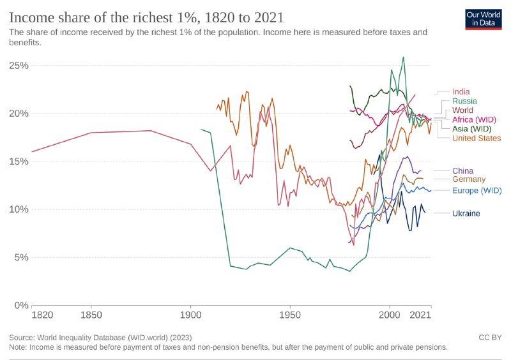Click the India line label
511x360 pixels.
(x=461, y=92)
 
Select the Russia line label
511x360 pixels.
(x=464, y=101)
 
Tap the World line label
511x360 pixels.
(x=462, y=110)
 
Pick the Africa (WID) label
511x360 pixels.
(x=474, y=119)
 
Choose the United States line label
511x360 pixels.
(x=477, y=138)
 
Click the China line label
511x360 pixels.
(x=462, y=170)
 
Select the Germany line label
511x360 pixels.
(x=469, y=179)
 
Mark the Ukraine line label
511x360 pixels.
(x=466, y=213)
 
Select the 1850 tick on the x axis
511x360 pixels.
(x=91, y=315)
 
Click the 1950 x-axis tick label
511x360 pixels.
(x=290, y=315)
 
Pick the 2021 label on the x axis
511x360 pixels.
(x=420, y=315)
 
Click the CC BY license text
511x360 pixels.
(x=489, y=337)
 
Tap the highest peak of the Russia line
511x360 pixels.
(x=403, y=57)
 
